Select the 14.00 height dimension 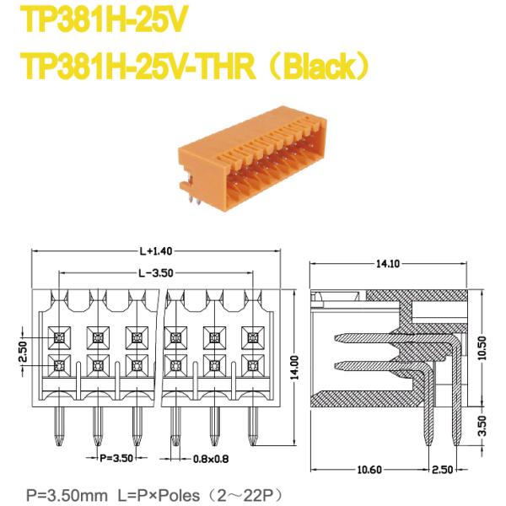(294, 364)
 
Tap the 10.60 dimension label (369, 468)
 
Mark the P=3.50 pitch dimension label (117, 460)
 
